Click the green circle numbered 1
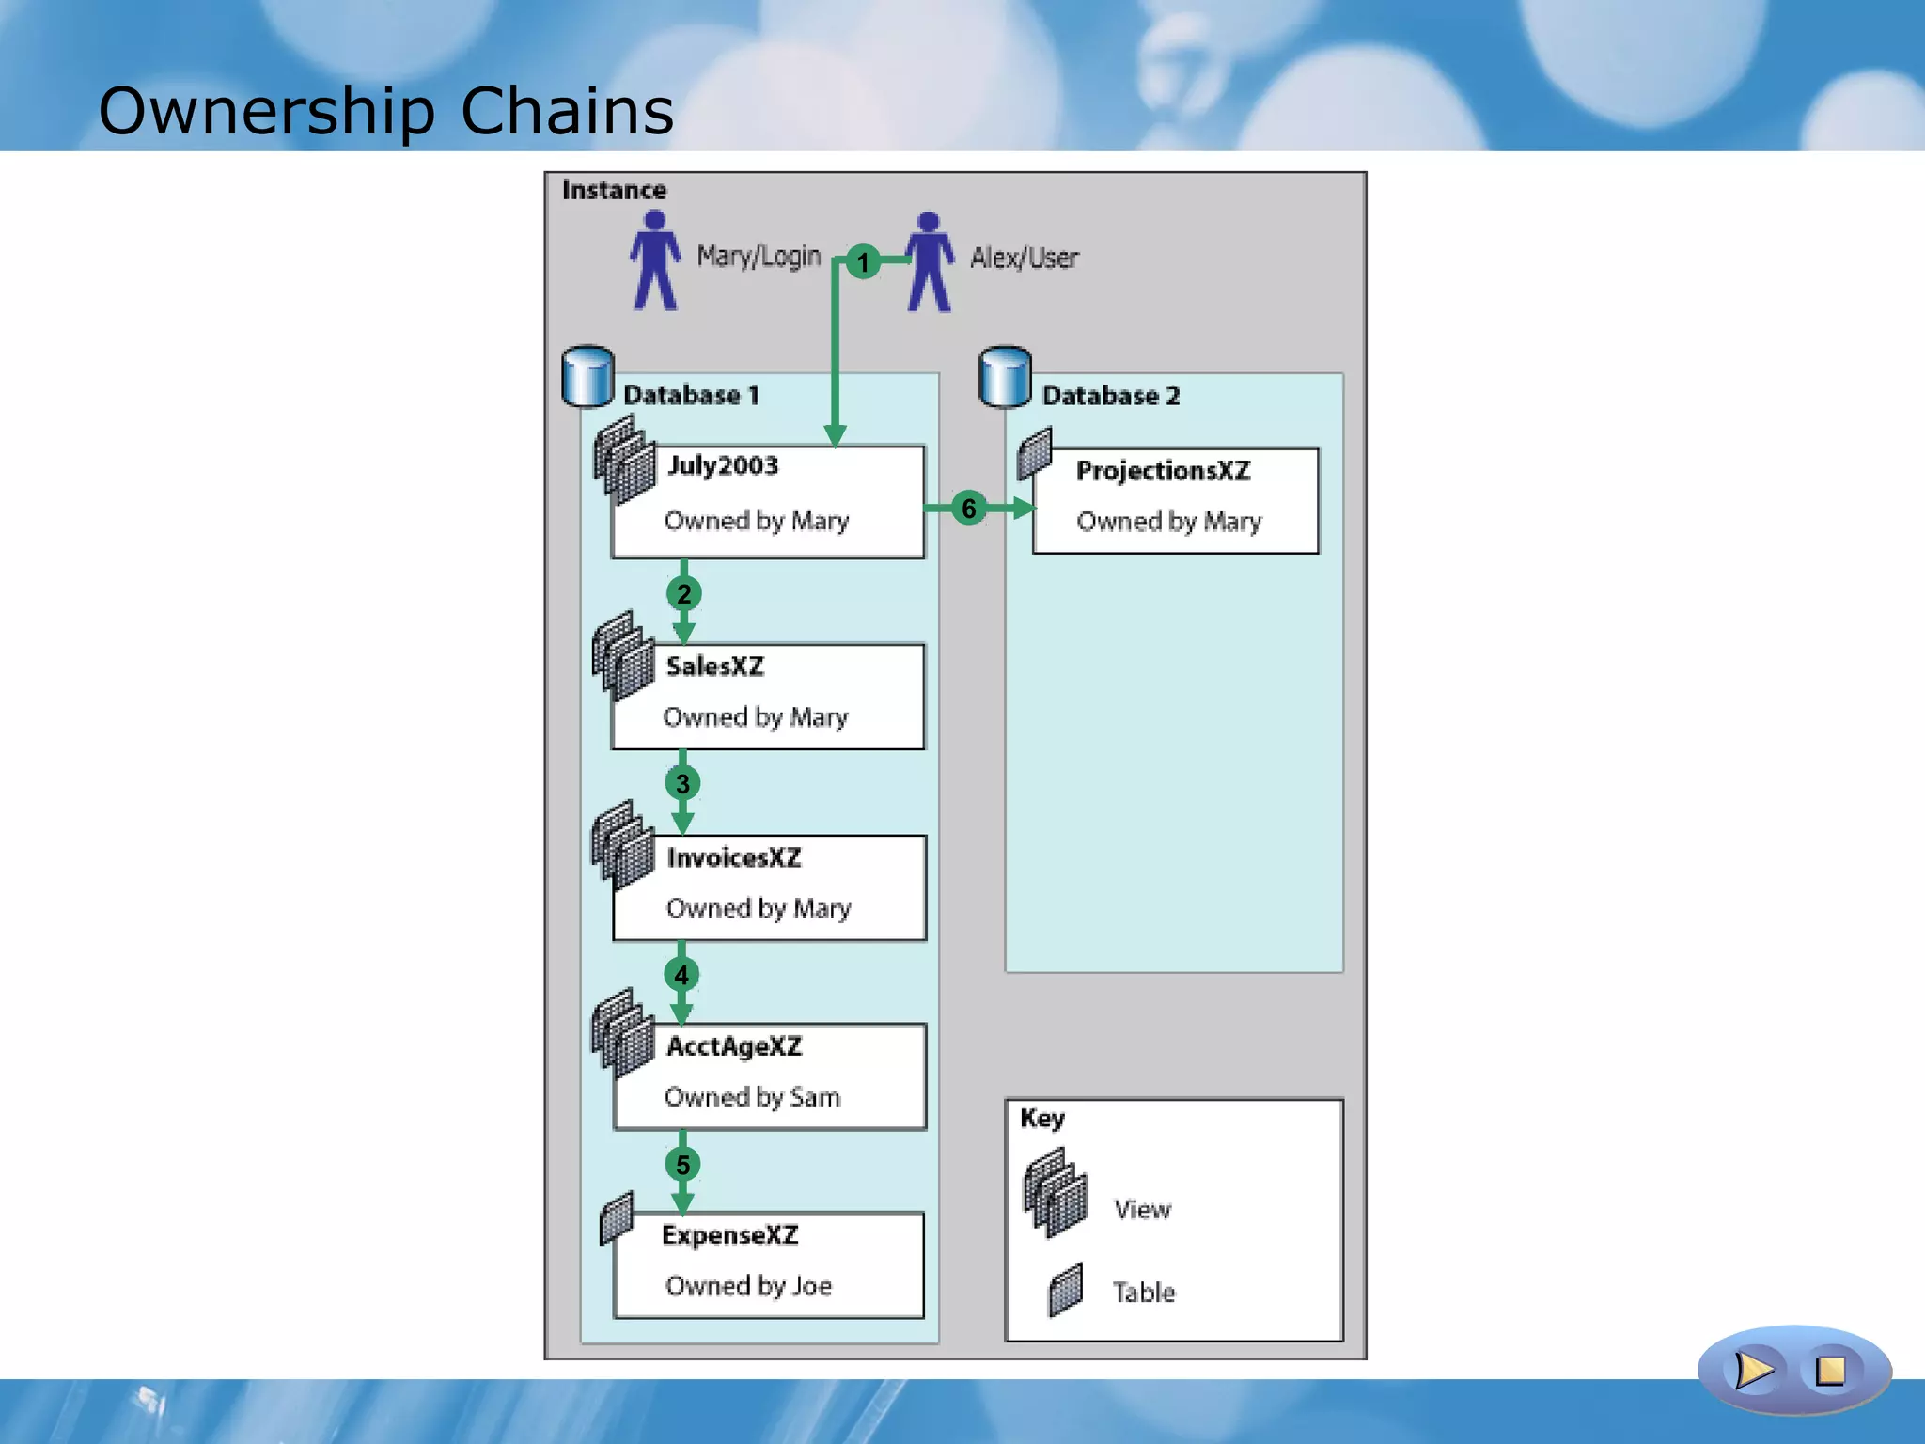click(x=863, y=261)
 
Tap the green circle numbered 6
click(x=968, y=509)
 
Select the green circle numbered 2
click(x=683, y=594)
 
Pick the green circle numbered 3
click(x=682, y=783)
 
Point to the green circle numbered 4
click(x=681, y=975)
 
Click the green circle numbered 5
click(x=682, y=1165)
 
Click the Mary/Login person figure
click(x=655, y=260)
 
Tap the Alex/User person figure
click(x=930, y=261)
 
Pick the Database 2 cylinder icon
click(x=1005, y=377)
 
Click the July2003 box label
click(x=723, y=465)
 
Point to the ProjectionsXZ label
click(x=1163, y=470)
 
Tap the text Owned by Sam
click(x=752, y=1097)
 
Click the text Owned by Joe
click(x=748, y=1285)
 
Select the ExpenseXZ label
click(x=729, y=1234)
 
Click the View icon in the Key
click(x=1056, y=1193)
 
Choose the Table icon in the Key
click(x=1066, y=1290)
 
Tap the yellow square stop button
click(x=1830, y=1370)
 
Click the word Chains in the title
click(x=567, y=111)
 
